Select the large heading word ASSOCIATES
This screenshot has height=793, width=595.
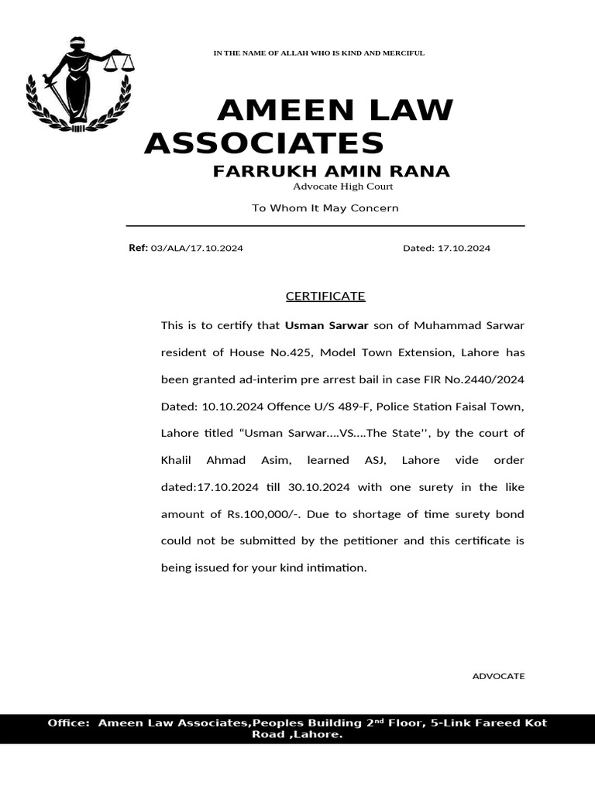pyautogui.click(x=264, y=143)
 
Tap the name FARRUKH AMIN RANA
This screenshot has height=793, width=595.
pyautogui.click(x=331, y=171)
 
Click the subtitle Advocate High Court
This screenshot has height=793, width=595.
pyautogui.click(x=342, y=187)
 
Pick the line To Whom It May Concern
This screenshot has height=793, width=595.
pyautogui.click(x=325, y=208)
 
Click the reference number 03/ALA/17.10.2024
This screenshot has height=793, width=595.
pyautogui.click(x=197, y=249)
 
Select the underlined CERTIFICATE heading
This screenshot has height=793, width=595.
pyautogui.click(x=325, y=297)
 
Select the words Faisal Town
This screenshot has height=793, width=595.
pyautogui.click(x=484, y=407)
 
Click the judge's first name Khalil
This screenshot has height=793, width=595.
pyautogui.click(x=178, y=460)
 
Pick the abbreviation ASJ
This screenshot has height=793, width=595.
pyautogui.click(x=375, y=460)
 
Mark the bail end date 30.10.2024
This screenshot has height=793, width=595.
pyautogui.click(x=319, y=487)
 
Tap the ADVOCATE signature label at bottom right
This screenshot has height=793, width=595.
pyautogui.click(x=498, y=676)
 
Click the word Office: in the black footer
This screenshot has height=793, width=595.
pyautogui.click(x=68, y=723)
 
